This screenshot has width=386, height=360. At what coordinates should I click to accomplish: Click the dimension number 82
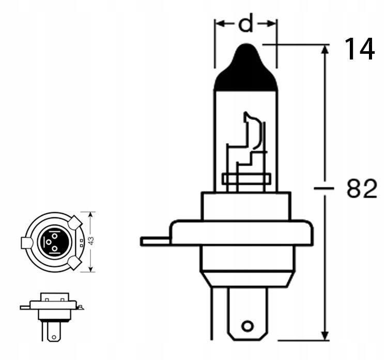361,189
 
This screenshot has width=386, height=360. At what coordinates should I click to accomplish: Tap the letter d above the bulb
246,24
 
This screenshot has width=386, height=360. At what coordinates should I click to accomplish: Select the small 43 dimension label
91,241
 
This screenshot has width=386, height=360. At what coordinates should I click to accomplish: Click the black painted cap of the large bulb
245,72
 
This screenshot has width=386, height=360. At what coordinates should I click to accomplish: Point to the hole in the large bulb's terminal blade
248,326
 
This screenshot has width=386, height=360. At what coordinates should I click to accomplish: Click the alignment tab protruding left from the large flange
155,241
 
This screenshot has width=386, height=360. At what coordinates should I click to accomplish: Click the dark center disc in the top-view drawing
53,242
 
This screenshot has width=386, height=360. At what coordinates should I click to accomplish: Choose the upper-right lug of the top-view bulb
74,223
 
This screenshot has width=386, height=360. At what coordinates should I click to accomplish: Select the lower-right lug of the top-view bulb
74,262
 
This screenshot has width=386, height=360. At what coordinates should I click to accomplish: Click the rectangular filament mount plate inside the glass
246,179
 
